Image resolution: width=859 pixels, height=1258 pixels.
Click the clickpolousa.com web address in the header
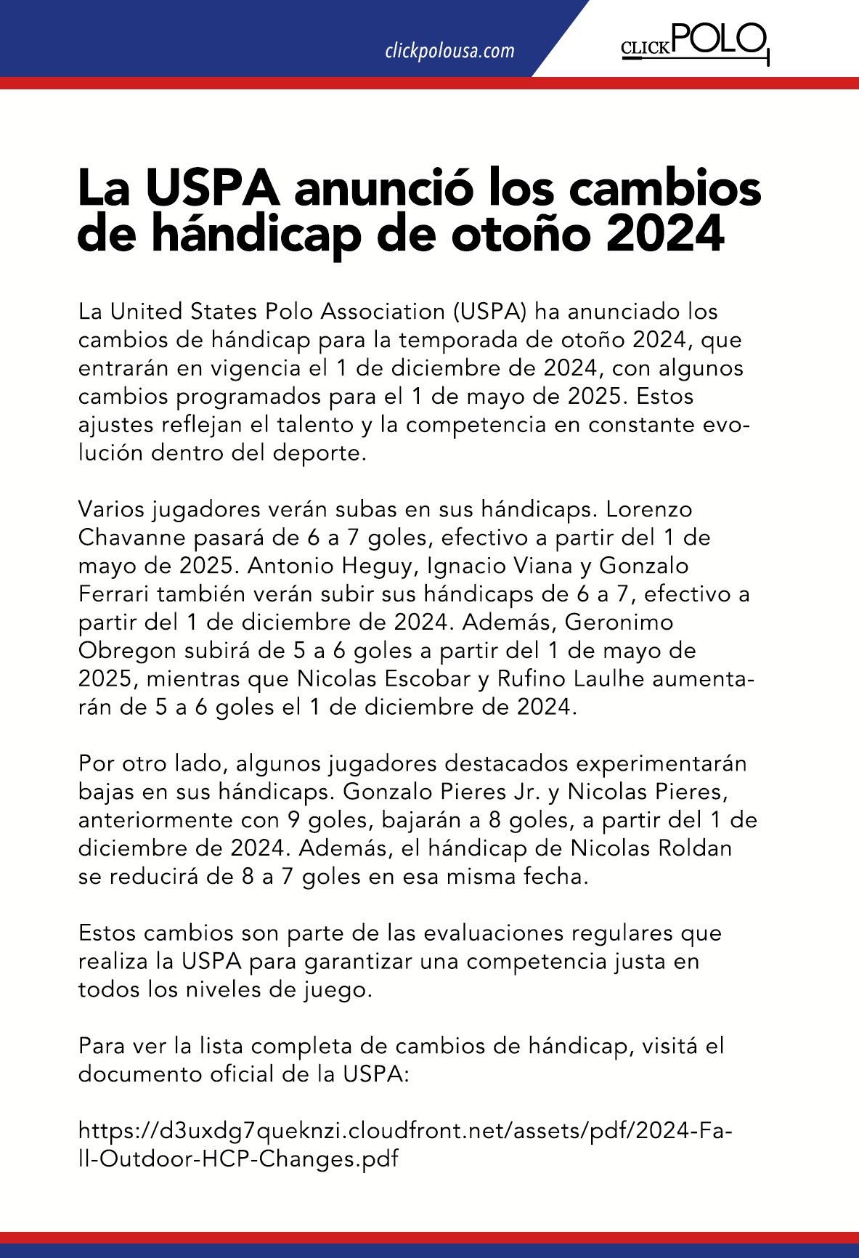point(449,51)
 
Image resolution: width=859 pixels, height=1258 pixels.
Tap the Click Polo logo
point(694,43)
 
